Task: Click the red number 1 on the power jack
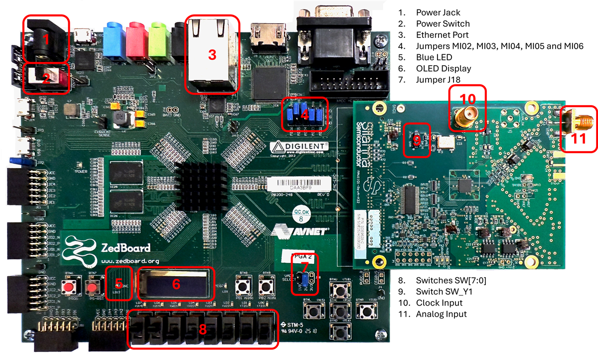(46, 40)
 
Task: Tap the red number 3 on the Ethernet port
(212, 55)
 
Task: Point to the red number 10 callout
(468, 98)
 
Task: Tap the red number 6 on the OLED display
(176, 284)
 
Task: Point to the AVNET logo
(298, 230)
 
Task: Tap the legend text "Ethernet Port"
(443, 35)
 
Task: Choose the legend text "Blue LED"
(435, 57)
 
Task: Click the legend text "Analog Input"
(441, 314)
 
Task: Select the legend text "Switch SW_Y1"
(443, 291)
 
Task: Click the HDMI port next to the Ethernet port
(267, 33)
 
